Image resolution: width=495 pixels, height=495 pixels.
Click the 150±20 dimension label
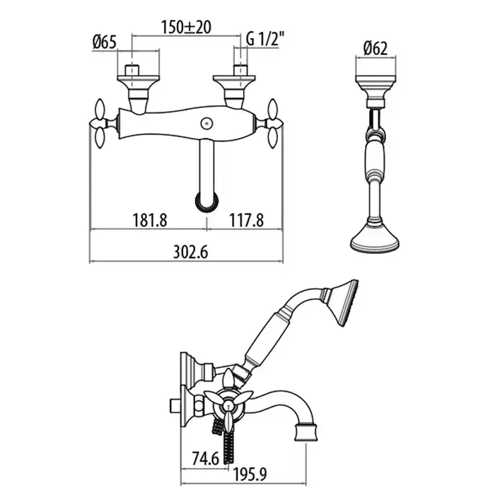186,27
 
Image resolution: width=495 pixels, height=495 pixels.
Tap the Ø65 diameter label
105,42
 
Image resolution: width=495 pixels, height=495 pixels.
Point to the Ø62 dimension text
375,49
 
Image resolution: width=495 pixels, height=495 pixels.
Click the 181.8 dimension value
149,220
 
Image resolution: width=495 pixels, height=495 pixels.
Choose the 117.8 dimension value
246,220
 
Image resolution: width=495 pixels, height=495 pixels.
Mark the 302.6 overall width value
191,252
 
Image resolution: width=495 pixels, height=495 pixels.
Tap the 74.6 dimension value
206,459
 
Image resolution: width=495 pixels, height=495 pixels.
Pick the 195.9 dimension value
250,474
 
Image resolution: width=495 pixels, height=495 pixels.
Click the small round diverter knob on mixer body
206,123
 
